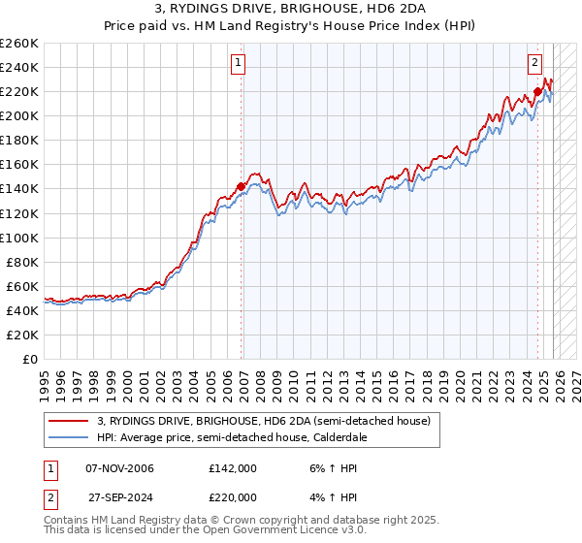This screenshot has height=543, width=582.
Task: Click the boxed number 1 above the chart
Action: coord(238,64)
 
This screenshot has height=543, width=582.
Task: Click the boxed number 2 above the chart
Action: coord(534,64)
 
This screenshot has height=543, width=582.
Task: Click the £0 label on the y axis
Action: coord(31,359)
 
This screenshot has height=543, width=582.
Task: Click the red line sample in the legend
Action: coord(70,421)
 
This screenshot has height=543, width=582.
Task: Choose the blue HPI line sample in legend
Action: coord(70,437)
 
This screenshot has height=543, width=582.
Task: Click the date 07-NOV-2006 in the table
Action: coord(120,468)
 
